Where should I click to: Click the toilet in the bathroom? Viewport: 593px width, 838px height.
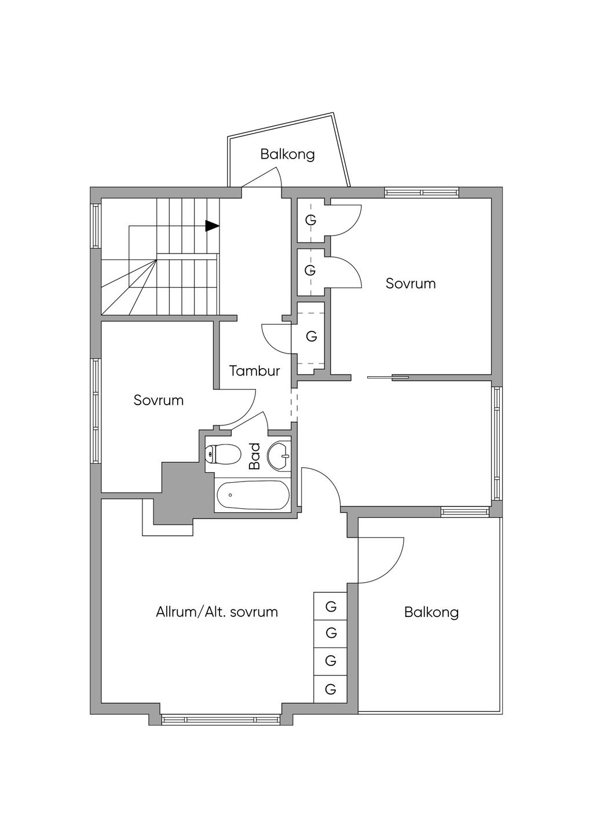pyautogui.click(x=224, y=454)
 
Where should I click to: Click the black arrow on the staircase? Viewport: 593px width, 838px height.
pyautogui.click(x=213, y=226)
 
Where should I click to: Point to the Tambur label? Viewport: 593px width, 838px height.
pyautogui.click(x=255, y=371)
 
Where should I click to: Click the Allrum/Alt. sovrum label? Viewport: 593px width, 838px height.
pyautogui.click(x=217, y=612)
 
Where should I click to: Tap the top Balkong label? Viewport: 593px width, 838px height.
pyautogui.click(x=287, y=155)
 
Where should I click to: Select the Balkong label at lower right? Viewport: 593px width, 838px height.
pyautogui.click(x=431, y=612)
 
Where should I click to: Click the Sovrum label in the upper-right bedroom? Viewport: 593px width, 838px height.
pyautogui.click(x=411, y=284)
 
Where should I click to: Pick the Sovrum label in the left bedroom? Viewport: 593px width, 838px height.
pyautogui.click(x=159, y=400)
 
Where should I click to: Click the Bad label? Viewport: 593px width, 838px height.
pyautogui.click(x=254, y=457)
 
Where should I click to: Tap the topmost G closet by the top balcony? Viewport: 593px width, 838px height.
pyautogui.click(x=311, y=220)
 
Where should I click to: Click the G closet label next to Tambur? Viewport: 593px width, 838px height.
pyautogui.click(x=312, y=336)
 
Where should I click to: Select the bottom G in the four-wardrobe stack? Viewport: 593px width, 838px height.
pyautogui.click(x=331, y=689)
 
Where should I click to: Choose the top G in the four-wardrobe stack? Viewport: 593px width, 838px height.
pyautogui.click(x=331, y=607)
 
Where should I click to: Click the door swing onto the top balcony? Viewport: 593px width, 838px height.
pyautogui.click(x=266, y=177)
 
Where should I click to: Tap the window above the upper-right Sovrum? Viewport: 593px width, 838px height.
pyautogui.click(x=422, y=192)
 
